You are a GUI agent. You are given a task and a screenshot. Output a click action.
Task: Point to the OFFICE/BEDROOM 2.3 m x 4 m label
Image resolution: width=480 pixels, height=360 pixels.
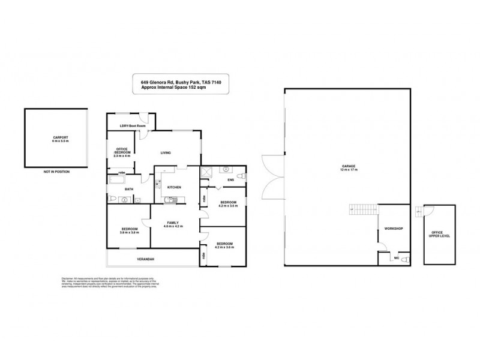tap(122, 152)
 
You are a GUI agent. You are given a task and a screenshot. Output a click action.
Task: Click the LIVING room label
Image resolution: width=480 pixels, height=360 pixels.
tap(165, 153)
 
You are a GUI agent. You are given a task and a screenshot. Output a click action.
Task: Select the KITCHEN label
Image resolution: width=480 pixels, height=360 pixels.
tap(174, 187)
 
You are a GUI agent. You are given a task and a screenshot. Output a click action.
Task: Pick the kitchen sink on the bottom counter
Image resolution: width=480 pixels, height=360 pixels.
tap(173, 198)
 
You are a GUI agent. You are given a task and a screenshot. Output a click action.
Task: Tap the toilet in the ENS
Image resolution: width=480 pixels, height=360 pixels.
tap(241, 176)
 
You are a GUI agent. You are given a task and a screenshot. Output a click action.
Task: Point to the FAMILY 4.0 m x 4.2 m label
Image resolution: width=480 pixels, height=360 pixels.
tap(174, 224)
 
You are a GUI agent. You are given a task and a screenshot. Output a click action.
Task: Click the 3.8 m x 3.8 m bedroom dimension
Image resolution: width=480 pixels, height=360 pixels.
tap(130, 232)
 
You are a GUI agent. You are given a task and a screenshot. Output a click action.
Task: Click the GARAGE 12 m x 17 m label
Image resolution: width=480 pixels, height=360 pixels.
tap(348, 168)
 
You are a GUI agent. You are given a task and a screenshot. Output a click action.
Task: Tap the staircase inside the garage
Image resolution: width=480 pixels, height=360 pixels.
tap(364, 210)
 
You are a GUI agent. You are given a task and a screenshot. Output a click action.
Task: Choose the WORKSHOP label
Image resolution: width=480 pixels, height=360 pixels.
tap(394, 229)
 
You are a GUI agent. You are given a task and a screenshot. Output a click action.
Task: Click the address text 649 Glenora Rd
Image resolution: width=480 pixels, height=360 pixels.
tap(160, 82)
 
